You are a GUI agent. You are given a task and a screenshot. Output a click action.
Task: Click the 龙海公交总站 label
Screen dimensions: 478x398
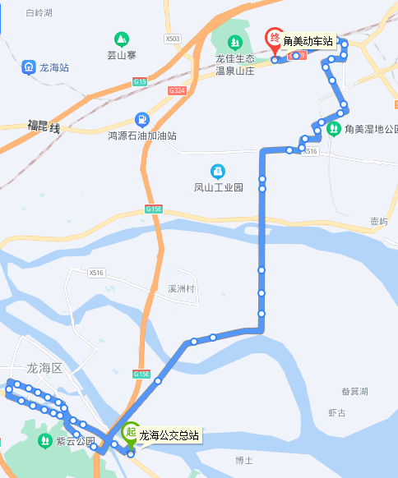click(169, 435)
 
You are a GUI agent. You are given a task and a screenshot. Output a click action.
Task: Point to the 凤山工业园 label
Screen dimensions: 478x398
click(219, 187)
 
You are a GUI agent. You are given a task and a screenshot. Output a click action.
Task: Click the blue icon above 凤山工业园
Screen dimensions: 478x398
click(218, 171)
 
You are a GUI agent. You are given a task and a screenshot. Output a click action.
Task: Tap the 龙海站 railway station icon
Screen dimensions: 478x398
click(29, 67)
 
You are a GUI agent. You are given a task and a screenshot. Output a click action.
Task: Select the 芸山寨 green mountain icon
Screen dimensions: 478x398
click(122, 39)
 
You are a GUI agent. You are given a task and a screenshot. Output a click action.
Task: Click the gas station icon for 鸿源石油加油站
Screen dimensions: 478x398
click(141, 118)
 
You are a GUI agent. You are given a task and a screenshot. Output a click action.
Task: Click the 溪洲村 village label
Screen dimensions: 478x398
click(181, 289)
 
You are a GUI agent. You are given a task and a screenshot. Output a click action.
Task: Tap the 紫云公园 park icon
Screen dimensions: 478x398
click(44, 441)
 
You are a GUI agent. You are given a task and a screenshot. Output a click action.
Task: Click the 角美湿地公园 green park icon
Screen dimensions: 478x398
click(334, 128)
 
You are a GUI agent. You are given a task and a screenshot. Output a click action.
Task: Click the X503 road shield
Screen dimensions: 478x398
click(172, 39)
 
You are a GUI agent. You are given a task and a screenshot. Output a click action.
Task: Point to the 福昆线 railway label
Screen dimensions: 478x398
click(44, 126)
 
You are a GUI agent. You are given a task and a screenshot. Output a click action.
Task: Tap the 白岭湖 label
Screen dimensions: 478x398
click(39, 14)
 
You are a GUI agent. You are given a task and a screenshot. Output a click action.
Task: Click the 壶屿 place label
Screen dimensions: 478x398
click(378, 222)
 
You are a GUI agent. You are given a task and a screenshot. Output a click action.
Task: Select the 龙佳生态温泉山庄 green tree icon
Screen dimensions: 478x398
click(234, 42)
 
